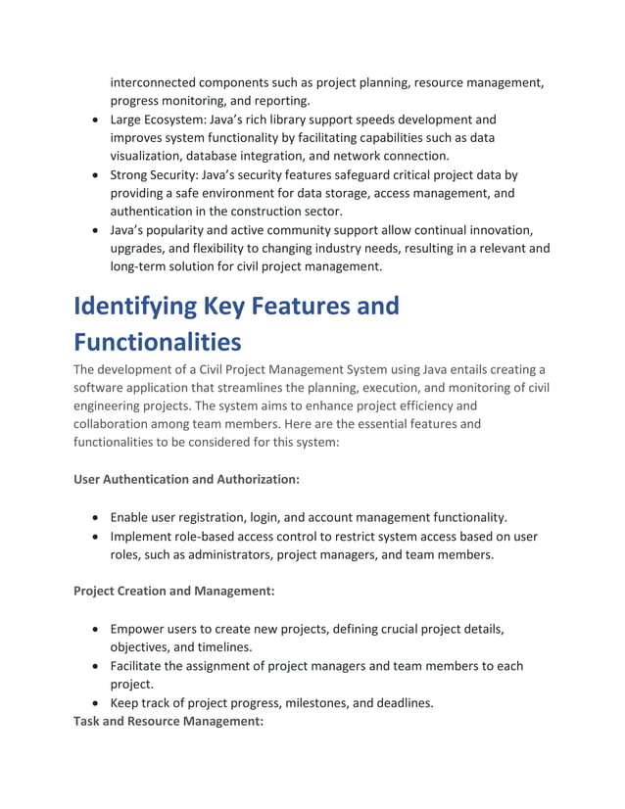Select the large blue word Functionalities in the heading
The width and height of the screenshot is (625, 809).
(x=157, y=342)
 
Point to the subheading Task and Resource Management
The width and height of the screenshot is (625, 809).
(x=168, y=722)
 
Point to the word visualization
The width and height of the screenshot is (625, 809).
(x=152, y=156)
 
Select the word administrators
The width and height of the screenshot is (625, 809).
(x=233, y=554)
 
